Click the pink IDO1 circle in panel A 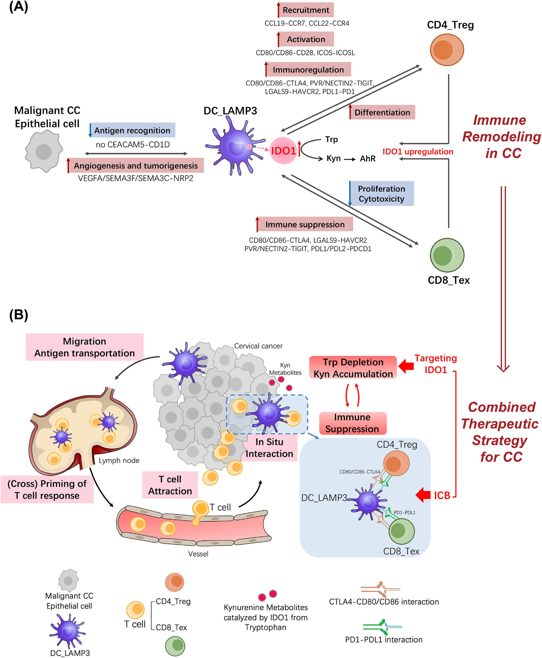click(283, 151)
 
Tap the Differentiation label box click(382, 112)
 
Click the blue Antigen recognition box click(132, 130)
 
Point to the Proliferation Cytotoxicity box click(381, 193)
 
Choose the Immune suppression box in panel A click(305, 224)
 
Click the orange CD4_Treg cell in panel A click(447, 50)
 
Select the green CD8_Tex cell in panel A click(447, 255)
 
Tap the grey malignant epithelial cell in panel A click(44, 151)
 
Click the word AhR click(368, 159)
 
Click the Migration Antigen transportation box click(85, 347)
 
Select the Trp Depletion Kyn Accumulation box click(353, 367)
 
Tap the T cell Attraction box click(170, 485)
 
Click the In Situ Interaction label click(269, 448)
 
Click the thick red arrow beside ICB click(423, 495)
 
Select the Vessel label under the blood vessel click(198, 554)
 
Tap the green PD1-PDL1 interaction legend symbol click(382, 626)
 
